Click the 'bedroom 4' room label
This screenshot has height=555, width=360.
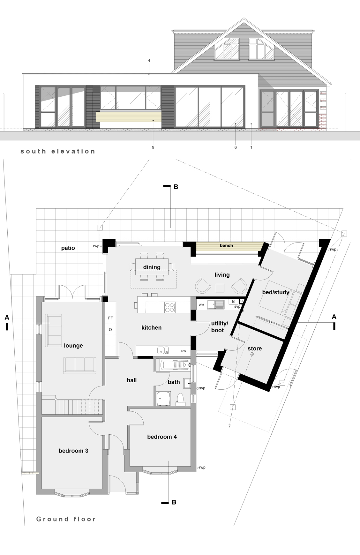coord(162,437)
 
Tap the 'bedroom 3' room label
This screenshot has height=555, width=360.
coord(73,451)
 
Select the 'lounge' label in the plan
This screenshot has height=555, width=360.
coord(73,346)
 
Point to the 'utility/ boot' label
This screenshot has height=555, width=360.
coord(219,327)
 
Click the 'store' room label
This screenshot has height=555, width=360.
coord(255,349)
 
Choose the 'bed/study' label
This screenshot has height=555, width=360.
coord(276,292)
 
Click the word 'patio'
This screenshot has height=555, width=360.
coord(68,248)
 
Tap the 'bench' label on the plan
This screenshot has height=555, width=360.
coord(226,246)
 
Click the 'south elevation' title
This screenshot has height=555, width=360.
coord(58,151)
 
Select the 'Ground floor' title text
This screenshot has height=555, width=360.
coord(66,519)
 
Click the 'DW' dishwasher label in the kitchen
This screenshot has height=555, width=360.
coord(184,351)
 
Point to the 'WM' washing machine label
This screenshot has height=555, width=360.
coord(201,305)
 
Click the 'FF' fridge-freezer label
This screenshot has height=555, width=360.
coord(110,318)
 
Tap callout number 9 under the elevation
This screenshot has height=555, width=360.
coord(153,147)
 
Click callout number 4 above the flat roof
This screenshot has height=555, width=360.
coord(149,60)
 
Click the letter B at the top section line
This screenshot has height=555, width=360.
coord(176,187)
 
